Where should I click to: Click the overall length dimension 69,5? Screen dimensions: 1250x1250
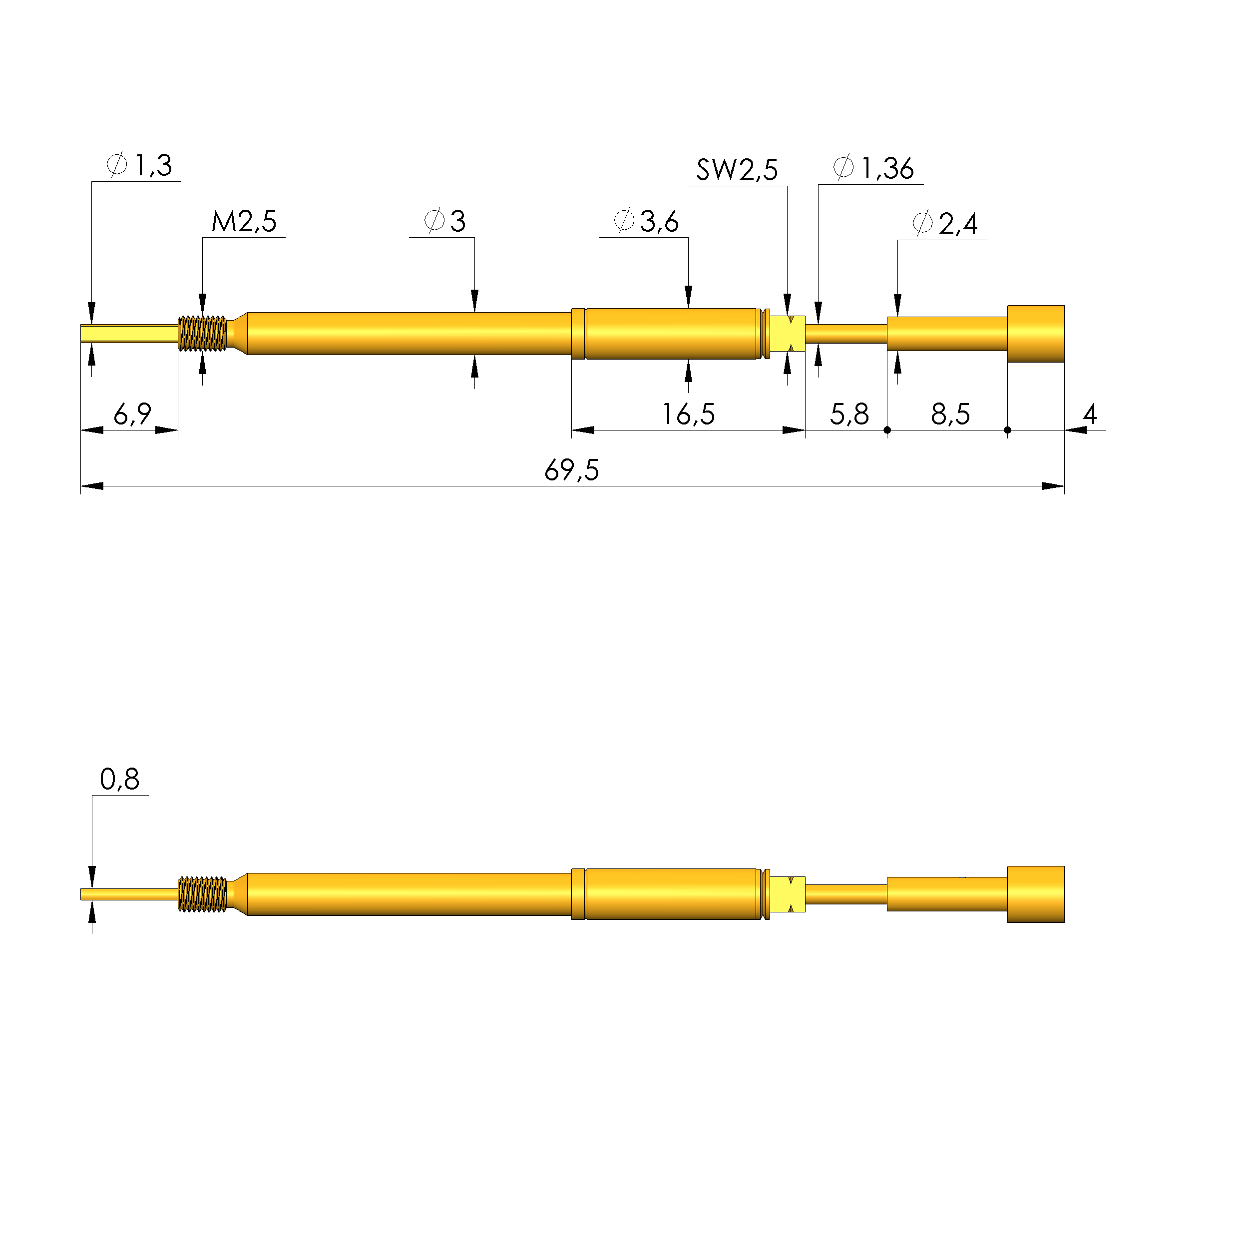coord(572,470)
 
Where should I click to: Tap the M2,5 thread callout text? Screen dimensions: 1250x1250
coord(244,221)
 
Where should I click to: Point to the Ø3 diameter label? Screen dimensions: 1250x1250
coord(444,221)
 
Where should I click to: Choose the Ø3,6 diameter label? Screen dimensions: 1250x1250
coord(646,221)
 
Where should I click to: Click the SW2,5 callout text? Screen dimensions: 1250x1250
coord(737,169)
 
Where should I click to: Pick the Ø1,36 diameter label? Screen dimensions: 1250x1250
coord(873,168)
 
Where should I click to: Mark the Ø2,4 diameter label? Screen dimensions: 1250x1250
coord(945,224)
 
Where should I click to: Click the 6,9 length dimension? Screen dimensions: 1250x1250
coord(133,414)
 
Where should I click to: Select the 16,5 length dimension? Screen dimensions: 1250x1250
coord(688,415)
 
